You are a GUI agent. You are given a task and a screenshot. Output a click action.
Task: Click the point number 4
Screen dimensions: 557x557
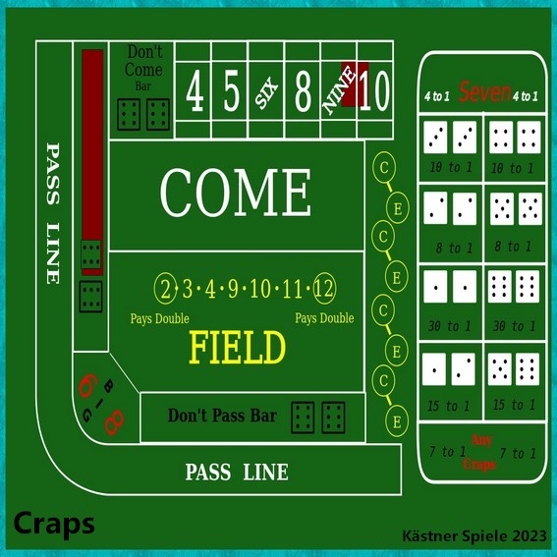click(x=195, y=90)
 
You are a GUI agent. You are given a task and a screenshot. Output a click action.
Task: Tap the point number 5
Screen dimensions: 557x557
click(x=231, y=90)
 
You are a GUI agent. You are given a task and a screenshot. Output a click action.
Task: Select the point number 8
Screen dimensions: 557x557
click(x=303, y=90)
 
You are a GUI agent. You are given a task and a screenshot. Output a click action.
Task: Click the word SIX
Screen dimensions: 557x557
click(x=267, y=93)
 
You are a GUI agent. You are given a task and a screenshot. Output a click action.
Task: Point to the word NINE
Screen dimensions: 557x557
click(x=339, y=90)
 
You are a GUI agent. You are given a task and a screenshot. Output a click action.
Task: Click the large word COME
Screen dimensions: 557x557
click(x=236, y=193)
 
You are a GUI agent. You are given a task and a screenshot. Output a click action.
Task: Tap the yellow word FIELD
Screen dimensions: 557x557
click(x=238, y=347)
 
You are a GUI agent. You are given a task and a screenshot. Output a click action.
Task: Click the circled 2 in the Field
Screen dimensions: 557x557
click(x=166, y=289)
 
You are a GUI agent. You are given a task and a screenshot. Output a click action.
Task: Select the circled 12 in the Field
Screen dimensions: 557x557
click(x=324, y=288)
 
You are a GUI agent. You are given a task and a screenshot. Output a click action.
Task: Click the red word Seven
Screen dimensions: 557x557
click(x=484, y=92)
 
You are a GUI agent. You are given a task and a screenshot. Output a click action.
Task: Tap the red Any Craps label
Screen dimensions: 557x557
click(x=480, y=452)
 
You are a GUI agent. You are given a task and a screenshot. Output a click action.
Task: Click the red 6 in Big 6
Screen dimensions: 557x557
click(x=88, y=385)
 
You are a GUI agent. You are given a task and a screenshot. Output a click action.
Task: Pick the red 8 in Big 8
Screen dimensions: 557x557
click(x=114, y=422)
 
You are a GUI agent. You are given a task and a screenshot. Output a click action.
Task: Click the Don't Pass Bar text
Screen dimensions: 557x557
click(x=222, y=416)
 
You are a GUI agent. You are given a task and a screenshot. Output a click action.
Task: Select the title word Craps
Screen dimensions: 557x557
click(x=54, y=524)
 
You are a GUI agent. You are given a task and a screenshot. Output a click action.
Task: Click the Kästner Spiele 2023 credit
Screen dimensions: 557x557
click(x=474, y=535)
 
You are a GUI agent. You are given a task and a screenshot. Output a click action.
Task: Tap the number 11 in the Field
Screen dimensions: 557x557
click(x=292, y=289)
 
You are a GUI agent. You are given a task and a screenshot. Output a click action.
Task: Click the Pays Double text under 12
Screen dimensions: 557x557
click(x=324, y=318)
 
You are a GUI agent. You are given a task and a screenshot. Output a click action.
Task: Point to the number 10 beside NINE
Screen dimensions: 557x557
click(x=374, y=90)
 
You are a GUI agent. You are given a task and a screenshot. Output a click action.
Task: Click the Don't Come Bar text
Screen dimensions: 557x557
click(x=143, y=68)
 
